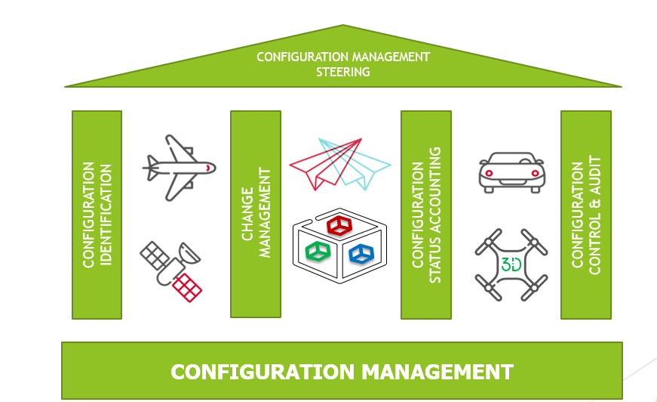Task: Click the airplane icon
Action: click(x=179, y=165)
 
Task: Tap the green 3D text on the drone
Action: click(x=511, y=264)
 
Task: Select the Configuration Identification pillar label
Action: click(x=97, y=215)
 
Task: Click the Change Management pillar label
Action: click(x=256, y=215)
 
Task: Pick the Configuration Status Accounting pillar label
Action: click(x=426, y=215)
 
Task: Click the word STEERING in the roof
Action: click(x=343, y=73)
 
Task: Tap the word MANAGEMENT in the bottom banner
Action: click(x=437, y=372)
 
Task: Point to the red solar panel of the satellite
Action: click(x=188, y=286)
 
